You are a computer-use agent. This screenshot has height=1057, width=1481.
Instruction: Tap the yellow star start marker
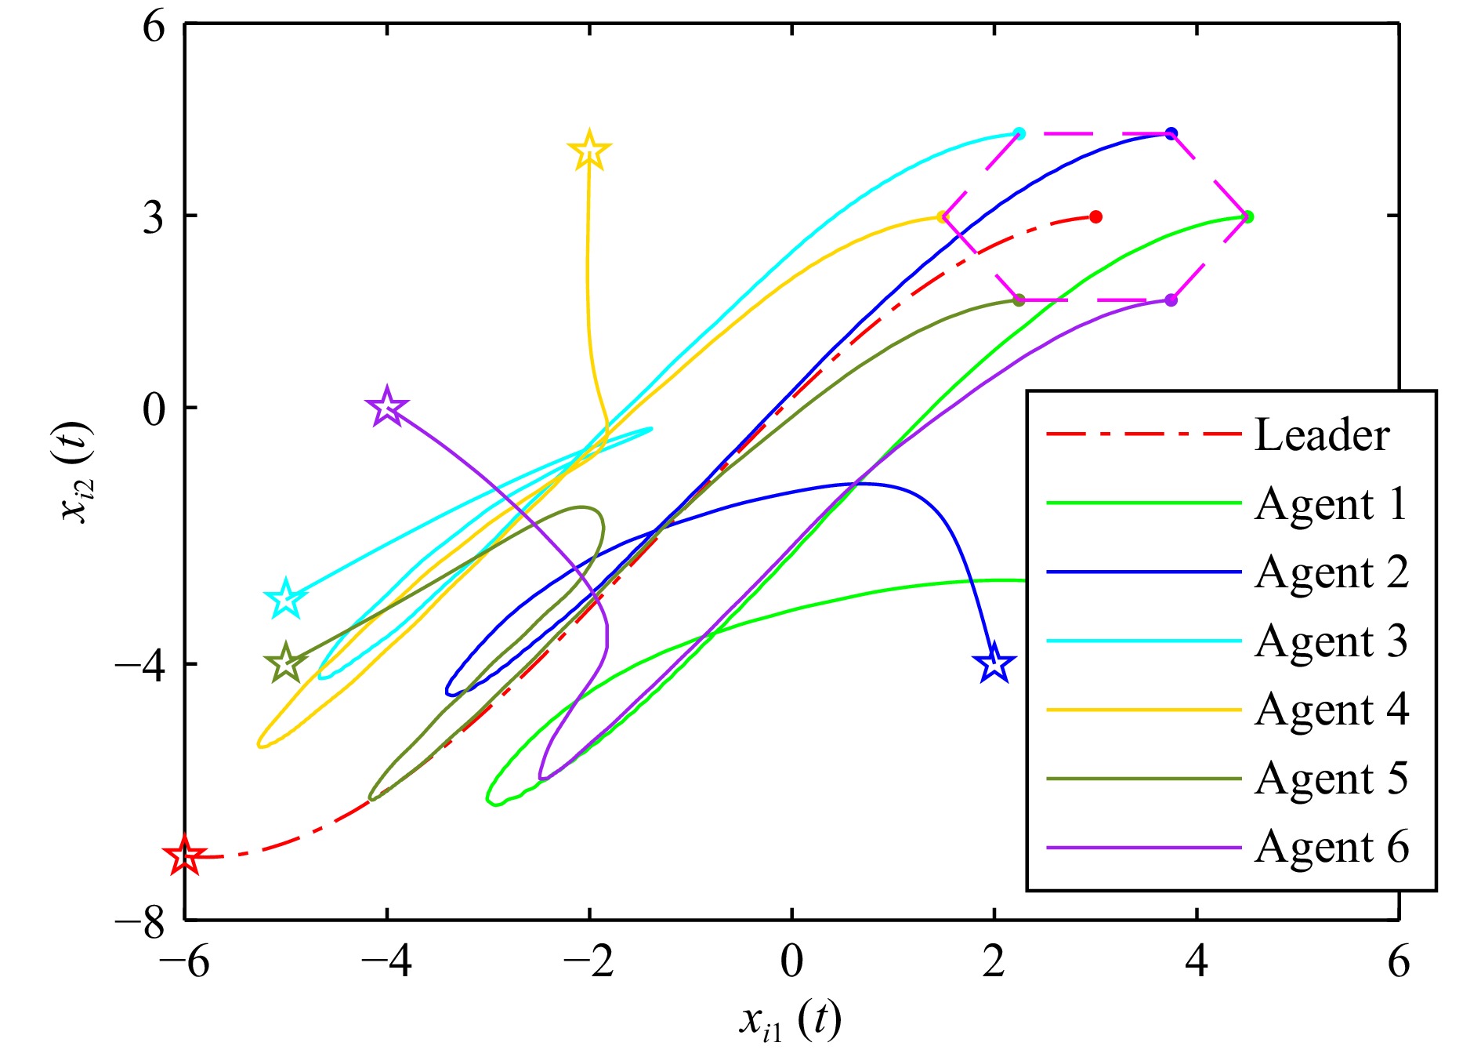(589, 151)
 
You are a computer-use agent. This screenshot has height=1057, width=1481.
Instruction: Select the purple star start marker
(387, 407)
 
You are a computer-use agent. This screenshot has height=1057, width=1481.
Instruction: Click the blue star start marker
(994, 663)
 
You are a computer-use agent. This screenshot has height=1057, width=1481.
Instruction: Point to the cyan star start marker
(286, 600)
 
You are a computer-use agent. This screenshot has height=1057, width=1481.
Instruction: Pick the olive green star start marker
(286, 663)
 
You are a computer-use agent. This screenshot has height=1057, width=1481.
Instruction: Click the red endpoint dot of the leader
(1095, 216)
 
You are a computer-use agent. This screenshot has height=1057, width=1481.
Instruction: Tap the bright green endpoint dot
(1247, 216)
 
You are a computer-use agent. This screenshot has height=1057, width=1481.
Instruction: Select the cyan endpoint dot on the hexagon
(1019, 133)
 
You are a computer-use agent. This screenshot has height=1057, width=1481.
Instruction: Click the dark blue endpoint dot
(1171, 133)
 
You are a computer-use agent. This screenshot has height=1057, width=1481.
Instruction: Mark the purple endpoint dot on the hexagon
(1171, 300)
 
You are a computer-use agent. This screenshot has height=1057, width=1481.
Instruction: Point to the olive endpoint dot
(1019, 300)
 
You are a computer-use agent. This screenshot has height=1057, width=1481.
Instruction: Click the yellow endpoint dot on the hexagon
(943, 216)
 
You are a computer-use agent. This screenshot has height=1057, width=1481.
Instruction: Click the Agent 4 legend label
(1331, 710)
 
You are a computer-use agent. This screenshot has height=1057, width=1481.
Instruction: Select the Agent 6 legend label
(1331, 847)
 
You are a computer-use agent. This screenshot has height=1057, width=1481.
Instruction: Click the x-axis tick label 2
(994, 961)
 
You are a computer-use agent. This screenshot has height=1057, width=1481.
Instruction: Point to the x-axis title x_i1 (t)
(790, 1022)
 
